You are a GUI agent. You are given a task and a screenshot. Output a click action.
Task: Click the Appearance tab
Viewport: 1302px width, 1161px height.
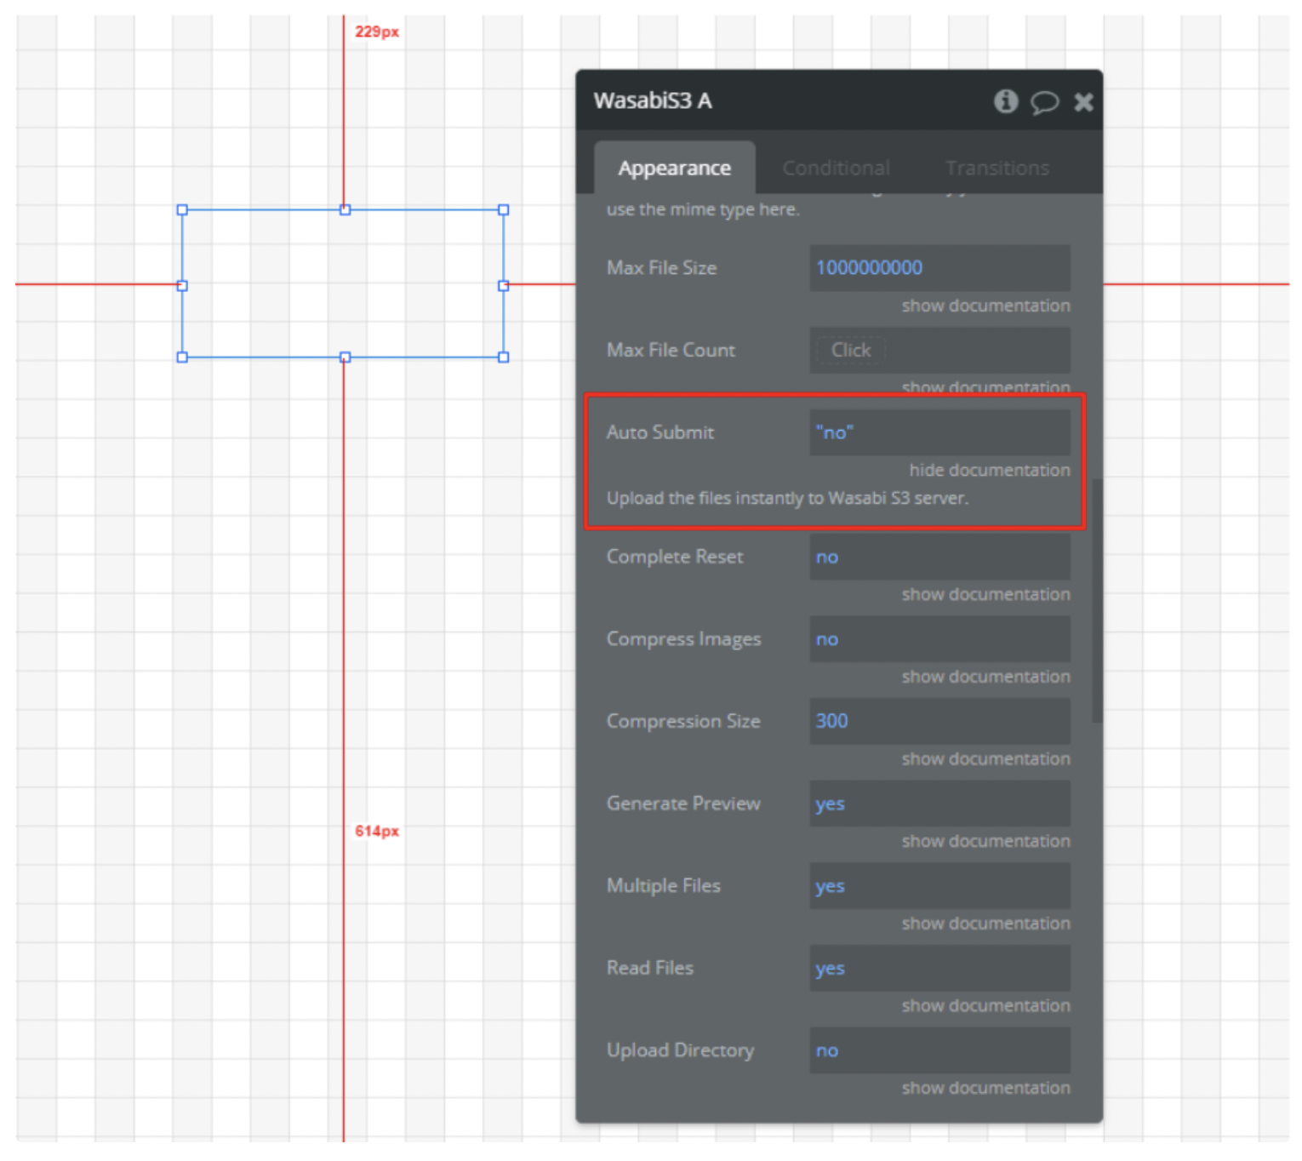pos(674,169)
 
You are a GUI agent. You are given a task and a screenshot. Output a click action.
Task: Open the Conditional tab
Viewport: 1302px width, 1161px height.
pos(836,169)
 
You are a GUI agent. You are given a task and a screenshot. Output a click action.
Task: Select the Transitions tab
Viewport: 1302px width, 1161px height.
pos(996,169)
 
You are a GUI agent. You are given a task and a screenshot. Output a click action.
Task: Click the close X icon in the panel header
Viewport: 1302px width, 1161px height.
pos(1082,102)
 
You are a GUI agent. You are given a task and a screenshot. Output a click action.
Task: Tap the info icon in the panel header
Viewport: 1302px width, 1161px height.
pos(1005,102)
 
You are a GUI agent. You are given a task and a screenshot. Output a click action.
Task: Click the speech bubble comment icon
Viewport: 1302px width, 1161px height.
pos(1044,102)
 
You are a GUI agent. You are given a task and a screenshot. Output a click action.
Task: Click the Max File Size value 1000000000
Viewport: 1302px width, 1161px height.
pos(869,268)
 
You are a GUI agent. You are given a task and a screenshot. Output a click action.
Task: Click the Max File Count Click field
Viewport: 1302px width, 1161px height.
pos(851,351)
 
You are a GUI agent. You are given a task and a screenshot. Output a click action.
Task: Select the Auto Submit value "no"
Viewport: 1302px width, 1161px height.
pos(835,432)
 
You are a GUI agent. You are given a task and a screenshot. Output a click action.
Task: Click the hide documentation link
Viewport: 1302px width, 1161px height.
pos(989,470)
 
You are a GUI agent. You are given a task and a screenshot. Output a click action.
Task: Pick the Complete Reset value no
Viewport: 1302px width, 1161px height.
pos(827,558)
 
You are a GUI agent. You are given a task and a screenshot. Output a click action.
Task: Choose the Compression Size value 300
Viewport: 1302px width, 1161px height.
pos(831,722)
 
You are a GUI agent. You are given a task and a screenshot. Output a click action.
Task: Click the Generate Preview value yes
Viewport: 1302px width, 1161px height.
pos(830,804)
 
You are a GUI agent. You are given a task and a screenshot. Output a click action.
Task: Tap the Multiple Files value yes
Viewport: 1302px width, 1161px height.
pos(830,887)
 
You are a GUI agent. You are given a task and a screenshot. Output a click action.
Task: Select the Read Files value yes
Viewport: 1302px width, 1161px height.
pos(830,969)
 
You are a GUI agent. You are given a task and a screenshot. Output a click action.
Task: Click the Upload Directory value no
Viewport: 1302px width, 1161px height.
pos(827,1051)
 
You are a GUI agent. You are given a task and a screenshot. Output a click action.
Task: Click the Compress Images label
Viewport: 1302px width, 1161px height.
pos(683,639)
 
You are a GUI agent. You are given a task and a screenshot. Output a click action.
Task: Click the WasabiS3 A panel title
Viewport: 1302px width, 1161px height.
pos(653,101)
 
